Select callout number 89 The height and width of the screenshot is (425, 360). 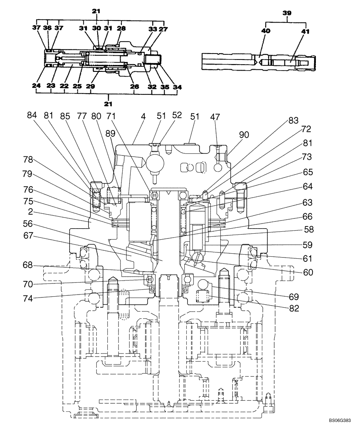pos(110,133)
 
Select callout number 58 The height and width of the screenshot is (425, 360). pos(308,229)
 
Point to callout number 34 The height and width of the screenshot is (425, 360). pos(177,87)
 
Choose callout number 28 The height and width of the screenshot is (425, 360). pos(121,28)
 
